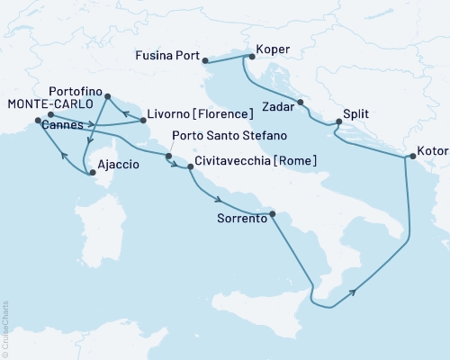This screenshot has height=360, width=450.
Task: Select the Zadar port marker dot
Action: pos(300,102)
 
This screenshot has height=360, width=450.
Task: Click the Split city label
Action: pos(355,115)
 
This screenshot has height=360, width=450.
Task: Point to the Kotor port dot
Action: pos(412,157)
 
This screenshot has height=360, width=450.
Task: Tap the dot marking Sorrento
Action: pos(274,214)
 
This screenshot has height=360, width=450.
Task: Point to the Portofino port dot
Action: pos(108,96)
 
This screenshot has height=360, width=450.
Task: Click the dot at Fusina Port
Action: pos(206,61)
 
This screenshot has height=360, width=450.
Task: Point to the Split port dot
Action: pos(337,121)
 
